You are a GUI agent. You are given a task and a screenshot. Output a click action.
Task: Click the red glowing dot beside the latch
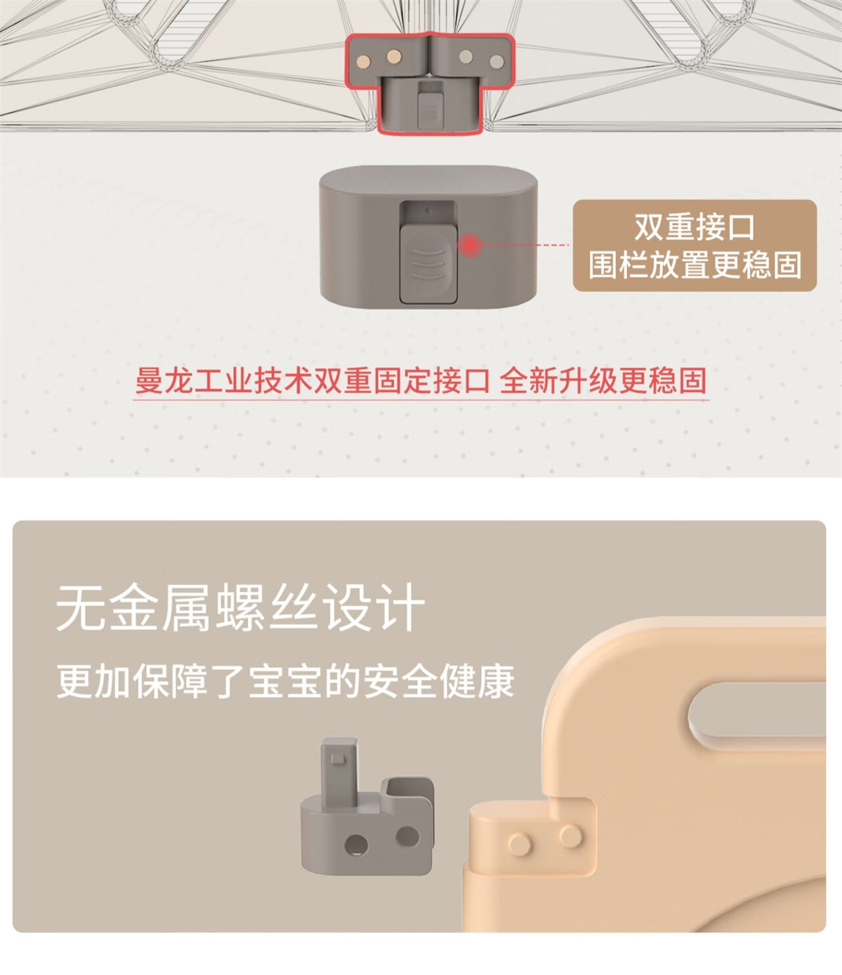coord(470,245)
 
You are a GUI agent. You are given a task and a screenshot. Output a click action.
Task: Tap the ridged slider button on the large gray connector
coord(428,264)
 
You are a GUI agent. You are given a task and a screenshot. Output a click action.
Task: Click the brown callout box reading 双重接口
coord(695,245)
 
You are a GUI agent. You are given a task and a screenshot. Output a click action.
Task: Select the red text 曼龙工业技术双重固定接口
coord(312,381)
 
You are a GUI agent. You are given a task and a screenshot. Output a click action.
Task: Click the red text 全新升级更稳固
coord(603,381)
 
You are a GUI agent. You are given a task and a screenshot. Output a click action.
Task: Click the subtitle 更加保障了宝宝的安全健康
coord(285,681)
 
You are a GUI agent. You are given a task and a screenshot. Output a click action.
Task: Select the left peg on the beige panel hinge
coord(520,843)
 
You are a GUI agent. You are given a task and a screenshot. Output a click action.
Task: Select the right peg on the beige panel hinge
coord(571,836)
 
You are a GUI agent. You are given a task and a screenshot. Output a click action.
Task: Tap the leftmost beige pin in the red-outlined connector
coord(364,61)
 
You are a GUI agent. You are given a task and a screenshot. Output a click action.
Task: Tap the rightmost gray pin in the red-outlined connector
coord(497,61)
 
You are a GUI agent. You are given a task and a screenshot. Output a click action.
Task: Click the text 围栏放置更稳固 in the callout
coord(695,264)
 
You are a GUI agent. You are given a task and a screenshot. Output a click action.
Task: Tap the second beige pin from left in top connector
coord(394,57)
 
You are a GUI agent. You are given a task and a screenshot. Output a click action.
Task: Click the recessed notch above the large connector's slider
coord(428,213)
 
